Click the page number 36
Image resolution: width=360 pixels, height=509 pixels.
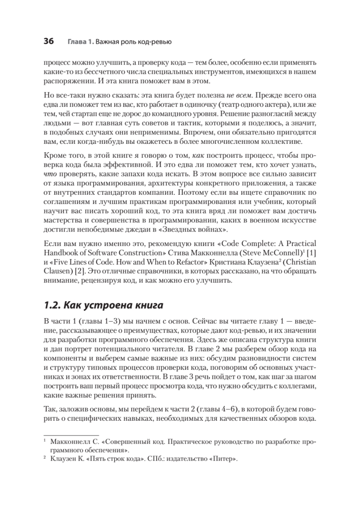pyautogui.click(x=49, y=42)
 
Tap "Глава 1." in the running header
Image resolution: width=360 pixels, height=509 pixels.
pyautogui.click(x=81, y=42)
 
